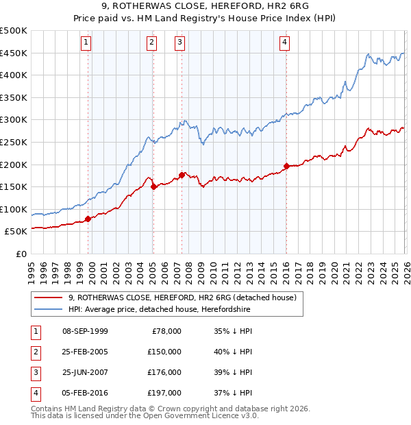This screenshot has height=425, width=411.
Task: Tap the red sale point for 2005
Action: [x=153, y=186]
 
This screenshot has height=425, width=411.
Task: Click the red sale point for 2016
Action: [x=286, y=165]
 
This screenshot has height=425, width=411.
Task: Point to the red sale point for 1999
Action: [x=88, y=219]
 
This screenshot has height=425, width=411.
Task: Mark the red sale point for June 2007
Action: [x=182, y=175]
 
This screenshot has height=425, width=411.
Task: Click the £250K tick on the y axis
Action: [x=14, y=142]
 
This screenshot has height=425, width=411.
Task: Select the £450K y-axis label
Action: [x=14, y=53]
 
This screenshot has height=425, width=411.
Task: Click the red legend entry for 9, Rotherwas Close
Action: [x=182, y=297]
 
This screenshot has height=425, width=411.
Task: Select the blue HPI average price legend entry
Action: [x=159, y=310]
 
